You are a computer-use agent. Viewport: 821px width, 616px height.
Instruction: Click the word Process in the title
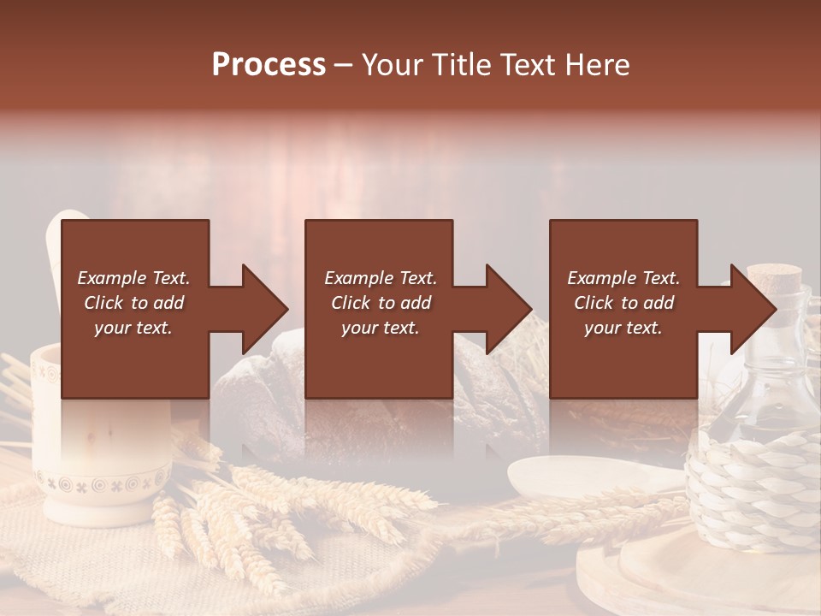click(x=269, y=64)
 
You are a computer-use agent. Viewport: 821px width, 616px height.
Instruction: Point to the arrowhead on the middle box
click(x=508, y=309)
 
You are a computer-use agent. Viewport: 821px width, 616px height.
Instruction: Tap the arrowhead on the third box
click(x=753, y=309)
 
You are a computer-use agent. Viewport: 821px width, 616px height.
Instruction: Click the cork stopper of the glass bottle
click(x=775, y=278)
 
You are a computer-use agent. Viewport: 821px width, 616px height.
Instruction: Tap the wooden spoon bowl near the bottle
click(x=556, y=475)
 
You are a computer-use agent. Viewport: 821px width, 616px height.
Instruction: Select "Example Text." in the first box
click(x=133, y=278)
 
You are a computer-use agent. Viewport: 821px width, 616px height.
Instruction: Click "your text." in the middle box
click(x=380, y=328)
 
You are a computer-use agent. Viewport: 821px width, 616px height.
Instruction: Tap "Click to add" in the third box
click(x=624, y=303)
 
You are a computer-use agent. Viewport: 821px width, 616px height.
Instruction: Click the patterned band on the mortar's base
click(x=98, y=485)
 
